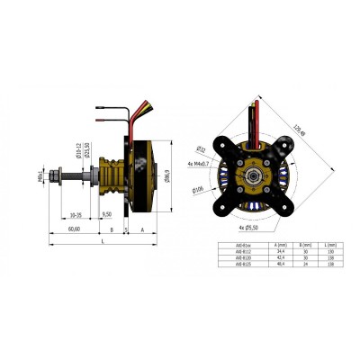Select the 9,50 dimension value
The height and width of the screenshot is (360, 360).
click(x=107, y=215)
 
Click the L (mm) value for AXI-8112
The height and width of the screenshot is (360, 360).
click(x=331, y=251)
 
